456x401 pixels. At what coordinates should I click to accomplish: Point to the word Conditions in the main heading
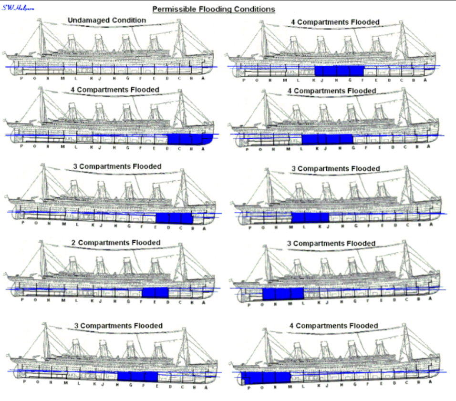point(254,9)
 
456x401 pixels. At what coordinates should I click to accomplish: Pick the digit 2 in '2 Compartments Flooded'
point(74,243)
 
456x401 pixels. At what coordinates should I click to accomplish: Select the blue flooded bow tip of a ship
point(207,139)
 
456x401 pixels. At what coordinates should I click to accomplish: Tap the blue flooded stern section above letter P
point(246,379)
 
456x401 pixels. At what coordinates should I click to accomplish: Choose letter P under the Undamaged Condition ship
point(22,79)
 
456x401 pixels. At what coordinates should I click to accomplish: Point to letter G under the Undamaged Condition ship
point(127,79)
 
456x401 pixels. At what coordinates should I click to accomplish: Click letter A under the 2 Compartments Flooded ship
point(204,302)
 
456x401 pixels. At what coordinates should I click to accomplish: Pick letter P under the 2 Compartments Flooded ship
point(23,301)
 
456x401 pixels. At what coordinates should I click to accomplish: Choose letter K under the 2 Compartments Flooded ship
point(92,301)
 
